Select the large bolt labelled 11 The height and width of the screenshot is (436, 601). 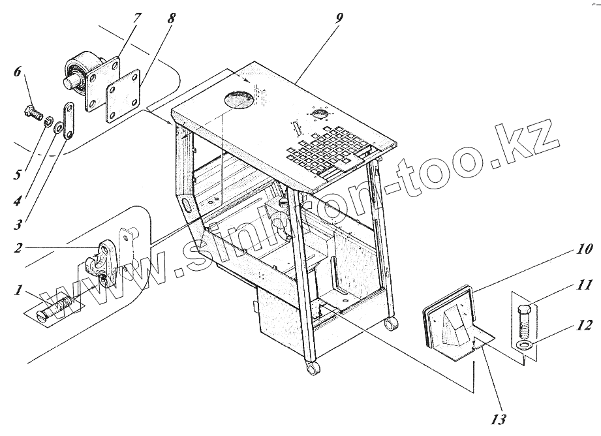(525, 316)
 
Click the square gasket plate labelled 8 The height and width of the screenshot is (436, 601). (124, 96)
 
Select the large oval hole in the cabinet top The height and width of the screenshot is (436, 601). (240, 100)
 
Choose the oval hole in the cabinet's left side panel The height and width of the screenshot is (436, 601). (187, 206)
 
